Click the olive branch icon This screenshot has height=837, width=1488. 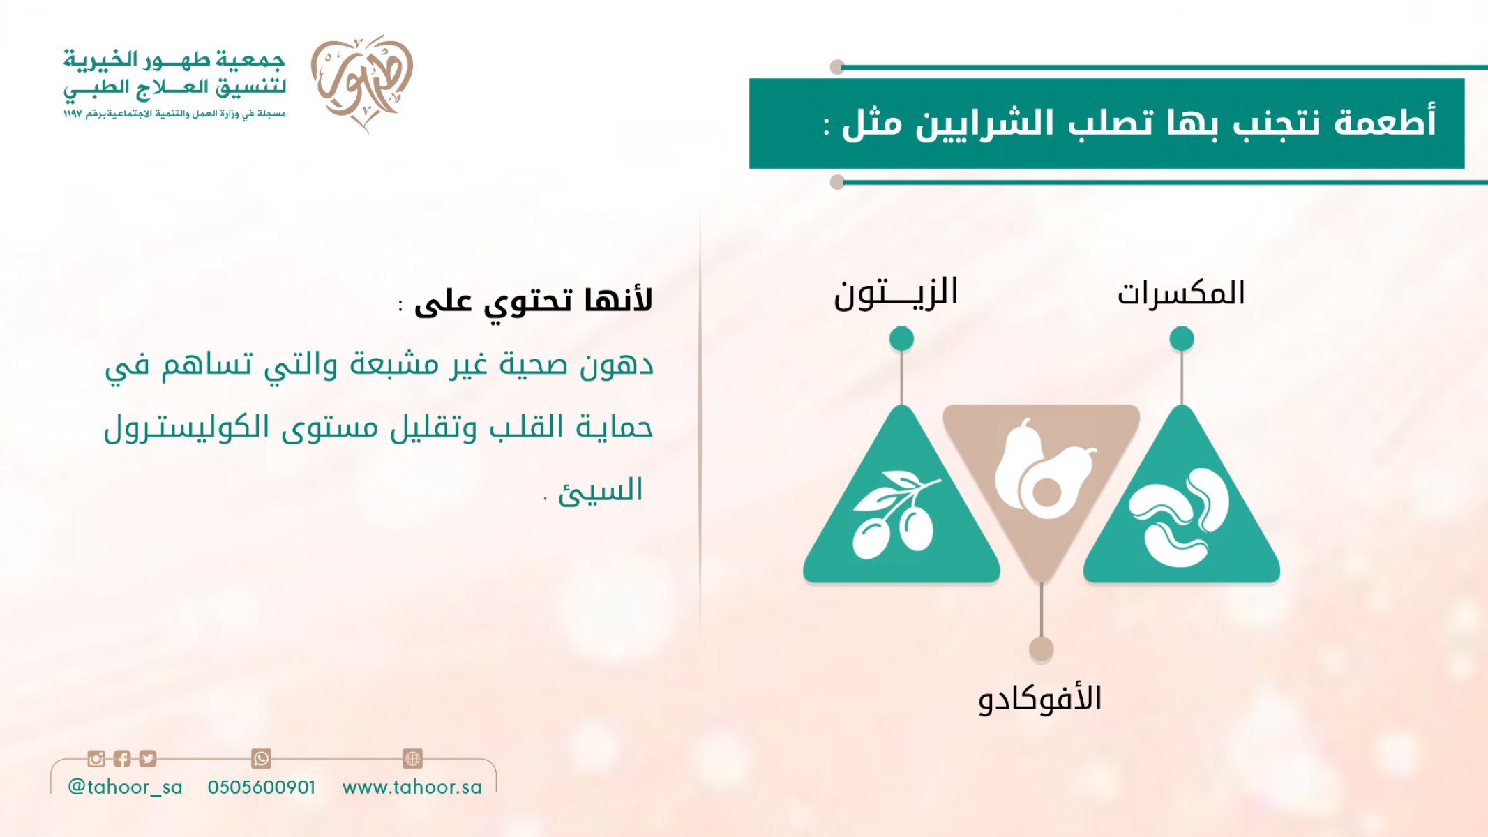[896, 515]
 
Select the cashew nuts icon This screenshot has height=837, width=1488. [1179, 516]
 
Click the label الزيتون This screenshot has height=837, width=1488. [896, 294]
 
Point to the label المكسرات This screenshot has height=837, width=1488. [1181, 293]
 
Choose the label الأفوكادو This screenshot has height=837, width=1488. [1039, 699]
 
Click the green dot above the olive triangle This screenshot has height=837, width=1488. [901, 339]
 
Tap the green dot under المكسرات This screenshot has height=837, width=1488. [1182, 339]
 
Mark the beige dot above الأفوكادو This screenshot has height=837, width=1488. [1041, 649]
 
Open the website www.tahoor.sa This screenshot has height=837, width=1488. [412, 787]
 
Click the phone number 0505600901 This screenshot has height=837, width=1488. [262, 787]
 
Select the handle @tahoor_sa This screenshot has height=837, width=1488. [125, 787]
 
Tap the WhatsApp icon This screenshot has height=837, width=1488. [261, 758]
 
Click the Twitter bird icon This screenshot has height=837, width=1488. [148, 758]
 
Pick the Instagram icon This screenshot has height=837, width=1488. [96, 758]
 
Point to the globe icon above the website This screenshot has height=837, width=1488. [413, 758]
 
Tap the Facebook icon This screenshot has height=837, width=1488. [122, 758]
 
